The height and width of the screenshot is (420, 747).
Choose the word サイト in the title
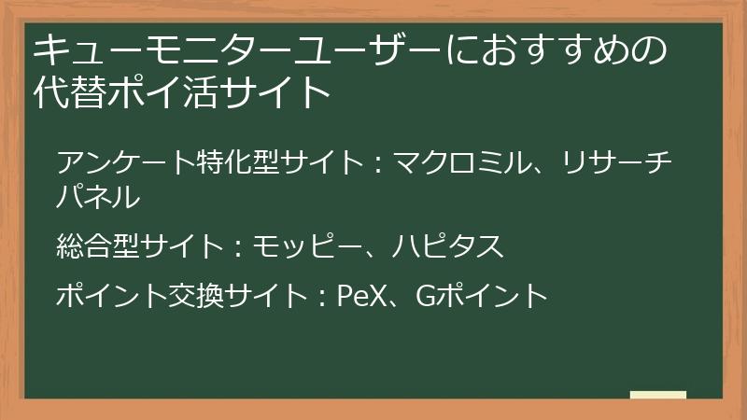(x=281, y=93)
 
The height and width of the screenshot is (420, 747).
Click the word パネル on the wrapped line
(x=99, y=197)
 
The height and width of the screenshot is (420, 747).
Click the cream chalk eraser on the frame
(x=657, y=396)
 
